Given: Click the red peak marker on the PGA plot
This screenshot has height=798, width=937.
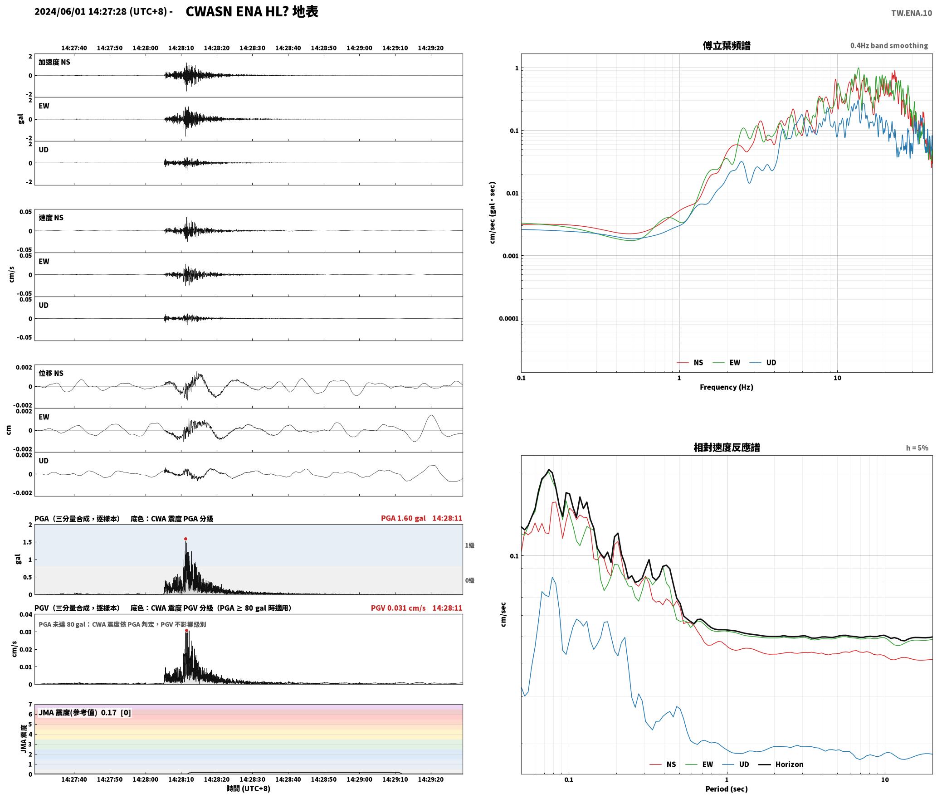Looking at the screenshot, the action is click(185, 539).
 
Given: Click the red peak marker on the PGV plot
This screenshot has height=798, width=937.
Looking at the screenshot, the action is click(186, 631).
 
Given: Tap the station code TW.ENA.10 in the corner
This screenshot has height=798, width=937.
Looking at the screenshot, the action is click(912, 13).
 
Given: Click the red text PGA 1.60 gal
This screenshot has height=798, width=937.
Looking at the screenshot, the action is click(403, 518).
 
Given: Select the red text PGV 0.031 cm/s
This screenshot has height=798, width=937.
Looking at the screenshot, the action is click(398, 608).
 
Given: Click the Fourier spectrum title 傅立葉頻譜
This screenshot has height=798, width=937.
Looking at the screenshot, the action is click(726, 45).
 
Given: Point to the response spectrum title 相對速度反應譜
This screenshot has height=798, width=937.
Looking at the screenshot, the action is click(727, 448).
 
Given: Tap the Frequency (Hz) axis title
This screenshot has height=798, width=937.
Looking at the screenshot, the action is click(726, 387).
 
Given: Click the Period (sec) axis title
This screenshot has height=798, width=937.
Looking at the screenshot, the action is click(726, 789).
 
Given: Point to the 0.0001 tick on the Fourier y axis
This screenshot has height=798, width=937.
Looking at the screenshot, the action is click(508, 318).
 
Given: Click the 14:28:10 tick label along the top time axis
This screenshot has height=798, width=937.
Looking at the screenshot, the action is click(181, 48).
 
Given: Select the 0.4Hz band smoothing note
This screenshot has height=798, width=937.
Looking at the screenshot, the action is click(889, 46).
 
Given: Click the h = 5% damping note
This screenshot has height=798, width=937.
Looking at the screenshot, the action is click(917, 448).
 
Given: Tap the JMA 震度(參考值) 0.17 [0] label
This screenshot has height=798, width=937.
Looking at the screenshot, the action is click(85, 713).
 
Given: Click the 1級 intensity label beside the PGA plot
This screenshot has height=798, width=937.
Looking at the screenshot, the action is click(469, 545).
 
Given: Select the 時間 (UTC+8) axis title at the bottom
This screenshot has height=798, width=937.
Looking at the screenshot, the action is click(248, 788).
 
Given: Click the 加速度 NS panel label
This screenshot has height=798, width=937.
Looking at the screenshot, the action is click(54, 62).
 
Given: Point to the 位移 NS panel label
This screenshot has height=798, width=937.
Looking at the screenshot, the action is click(51, 373).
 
